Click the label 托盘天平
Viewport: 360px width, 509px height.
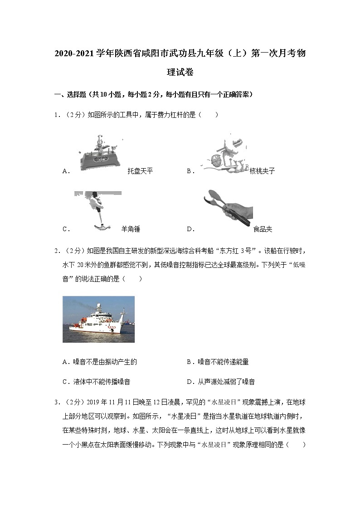click(141, 171)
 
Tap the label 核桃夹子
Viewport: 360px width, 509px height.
click(262, 171)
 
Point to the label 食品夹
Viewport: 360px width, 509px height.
click(263, 229)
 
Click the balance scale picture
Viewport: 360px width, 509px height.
click(99, 153)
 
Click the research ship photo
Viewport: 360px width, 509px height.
click(98, 319)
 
